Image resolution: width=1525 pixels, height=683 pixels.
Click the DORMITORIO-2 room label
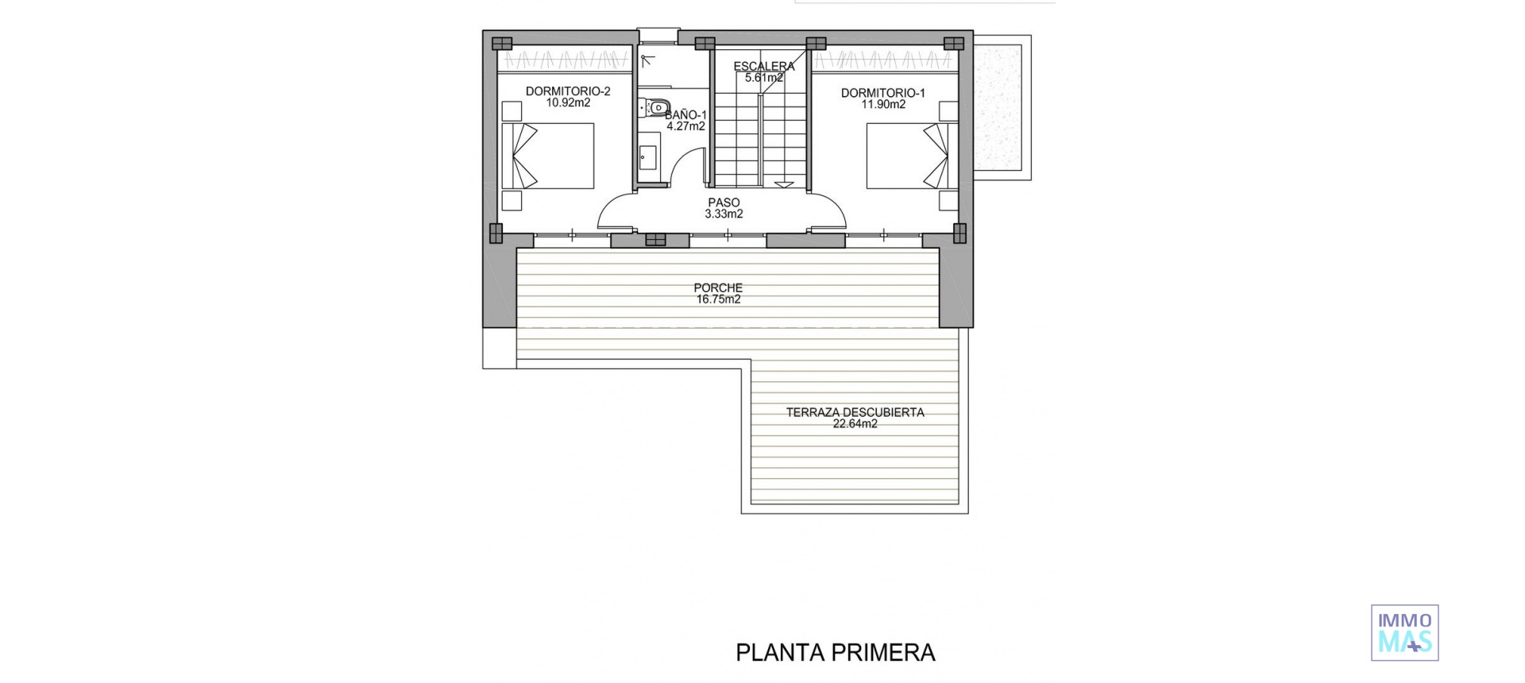point(567,92)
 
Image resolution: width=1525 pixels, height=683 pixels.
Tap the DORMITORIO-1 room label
point(882,93)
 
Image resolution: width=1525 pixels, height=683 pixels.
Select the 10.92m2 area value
point(567,103)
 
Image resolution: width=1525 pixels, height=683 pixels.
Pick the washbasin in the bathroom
point(646,158)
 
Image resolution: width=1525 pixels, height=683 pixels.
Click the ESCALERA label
point(763,67)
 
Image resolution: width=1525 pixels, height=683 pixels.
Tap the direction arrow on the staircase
point(783,183)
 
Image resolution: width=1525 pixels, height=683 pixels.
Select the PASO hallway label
point(724,203)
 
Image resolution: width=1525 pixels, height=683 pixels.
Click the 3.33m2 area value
point(724,214)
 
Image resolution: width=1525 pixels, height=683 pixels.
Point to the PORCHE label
point(718,288)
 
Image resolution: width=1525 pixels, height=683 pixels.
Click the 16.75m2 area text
point(718,299)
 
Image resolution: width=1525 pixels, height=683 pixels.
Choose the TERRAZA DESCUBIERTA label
point(855,412)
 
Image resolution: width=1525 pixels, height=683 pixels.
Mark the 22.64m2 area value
point(855,424)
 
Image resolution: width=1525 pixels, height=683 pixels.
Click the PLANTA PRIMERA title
point(836,653)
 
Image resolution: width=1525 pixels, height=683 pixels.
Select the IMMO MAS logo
point(1404,633)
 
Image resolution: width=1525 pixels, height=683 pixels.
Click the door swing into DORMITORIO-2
point(616,213)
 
